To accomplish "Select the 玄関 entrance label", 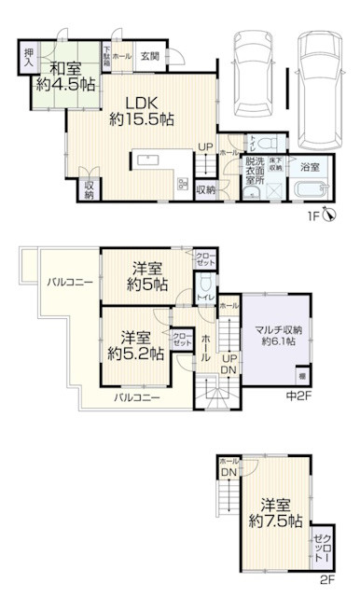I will click(149, 56).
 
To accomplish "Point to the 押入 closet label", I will click(28, 57).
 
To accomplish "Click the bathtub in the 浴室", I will click(306, 190).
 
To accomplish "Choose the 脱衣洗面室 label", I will click(253, 171).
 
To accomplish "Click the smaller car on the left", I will click(248, 69).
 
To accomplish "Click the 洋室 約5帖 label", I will click(148, 276).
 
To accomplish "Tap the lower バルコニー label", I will click(137, 398).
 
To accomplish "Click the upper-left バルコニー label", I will click(65, 282).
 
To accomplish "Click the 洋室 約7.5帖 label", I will click(276, 511).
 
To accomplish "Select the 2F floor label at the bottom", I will click(326, 579).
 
